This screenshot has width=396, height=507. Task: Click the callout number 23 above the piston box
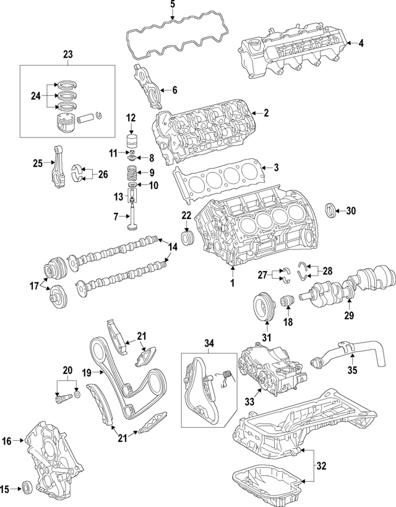tap(68, 54)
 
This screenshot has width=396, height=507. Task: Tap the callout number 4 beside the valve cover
tap(361, 43)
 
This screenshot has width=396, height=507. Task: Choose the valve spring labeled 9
tap(131, 173)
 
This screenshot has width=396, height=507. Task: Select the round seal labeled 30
tap(332, 210)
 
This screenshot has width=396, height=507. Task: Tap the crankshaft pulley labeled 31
tap(264, 308)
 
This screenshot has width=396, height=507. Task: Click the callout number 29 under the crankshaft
tap(348, 316)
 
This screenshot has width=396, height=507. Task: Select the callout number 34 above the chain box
tap(209, 343)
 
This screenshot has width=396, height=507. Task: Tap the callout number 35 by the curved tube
tap(352, 372)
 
